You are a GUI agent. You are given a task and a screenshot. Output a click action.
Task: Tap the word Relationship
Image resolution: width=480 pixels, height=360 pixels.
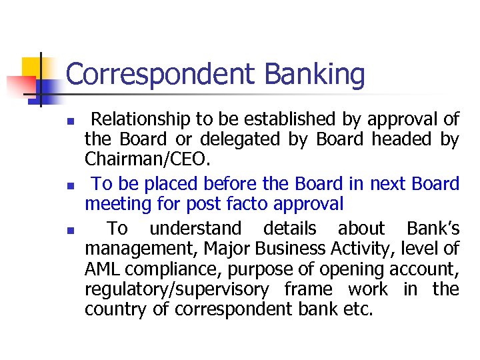[x=141, y=119]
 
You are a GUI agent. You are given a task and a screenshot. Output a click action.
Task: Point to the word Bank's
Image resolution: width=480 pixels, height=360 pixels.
[x=433, y=229]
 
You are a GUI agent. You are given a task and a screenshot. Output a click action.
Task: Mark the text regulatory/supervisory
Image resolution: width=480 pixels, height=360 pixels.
[x=177, y=290]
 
